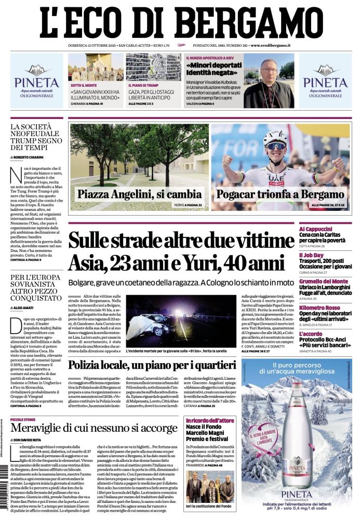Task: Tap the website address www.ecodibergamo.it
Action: click(x=270, y=46)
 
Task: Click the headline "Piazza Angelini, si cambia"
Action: click(x=139, y=195)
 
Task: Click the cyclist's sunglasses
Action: click(x=275, y=146)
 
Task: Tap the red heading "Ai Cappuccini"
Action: click(x=315, y=229)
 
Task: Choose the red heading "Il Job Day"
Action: click(x=311, y=255)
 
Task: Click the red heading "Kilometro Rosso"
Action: click(x=319, y=308)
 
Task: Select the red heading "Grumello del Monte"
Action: click(x=324, y=282)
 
